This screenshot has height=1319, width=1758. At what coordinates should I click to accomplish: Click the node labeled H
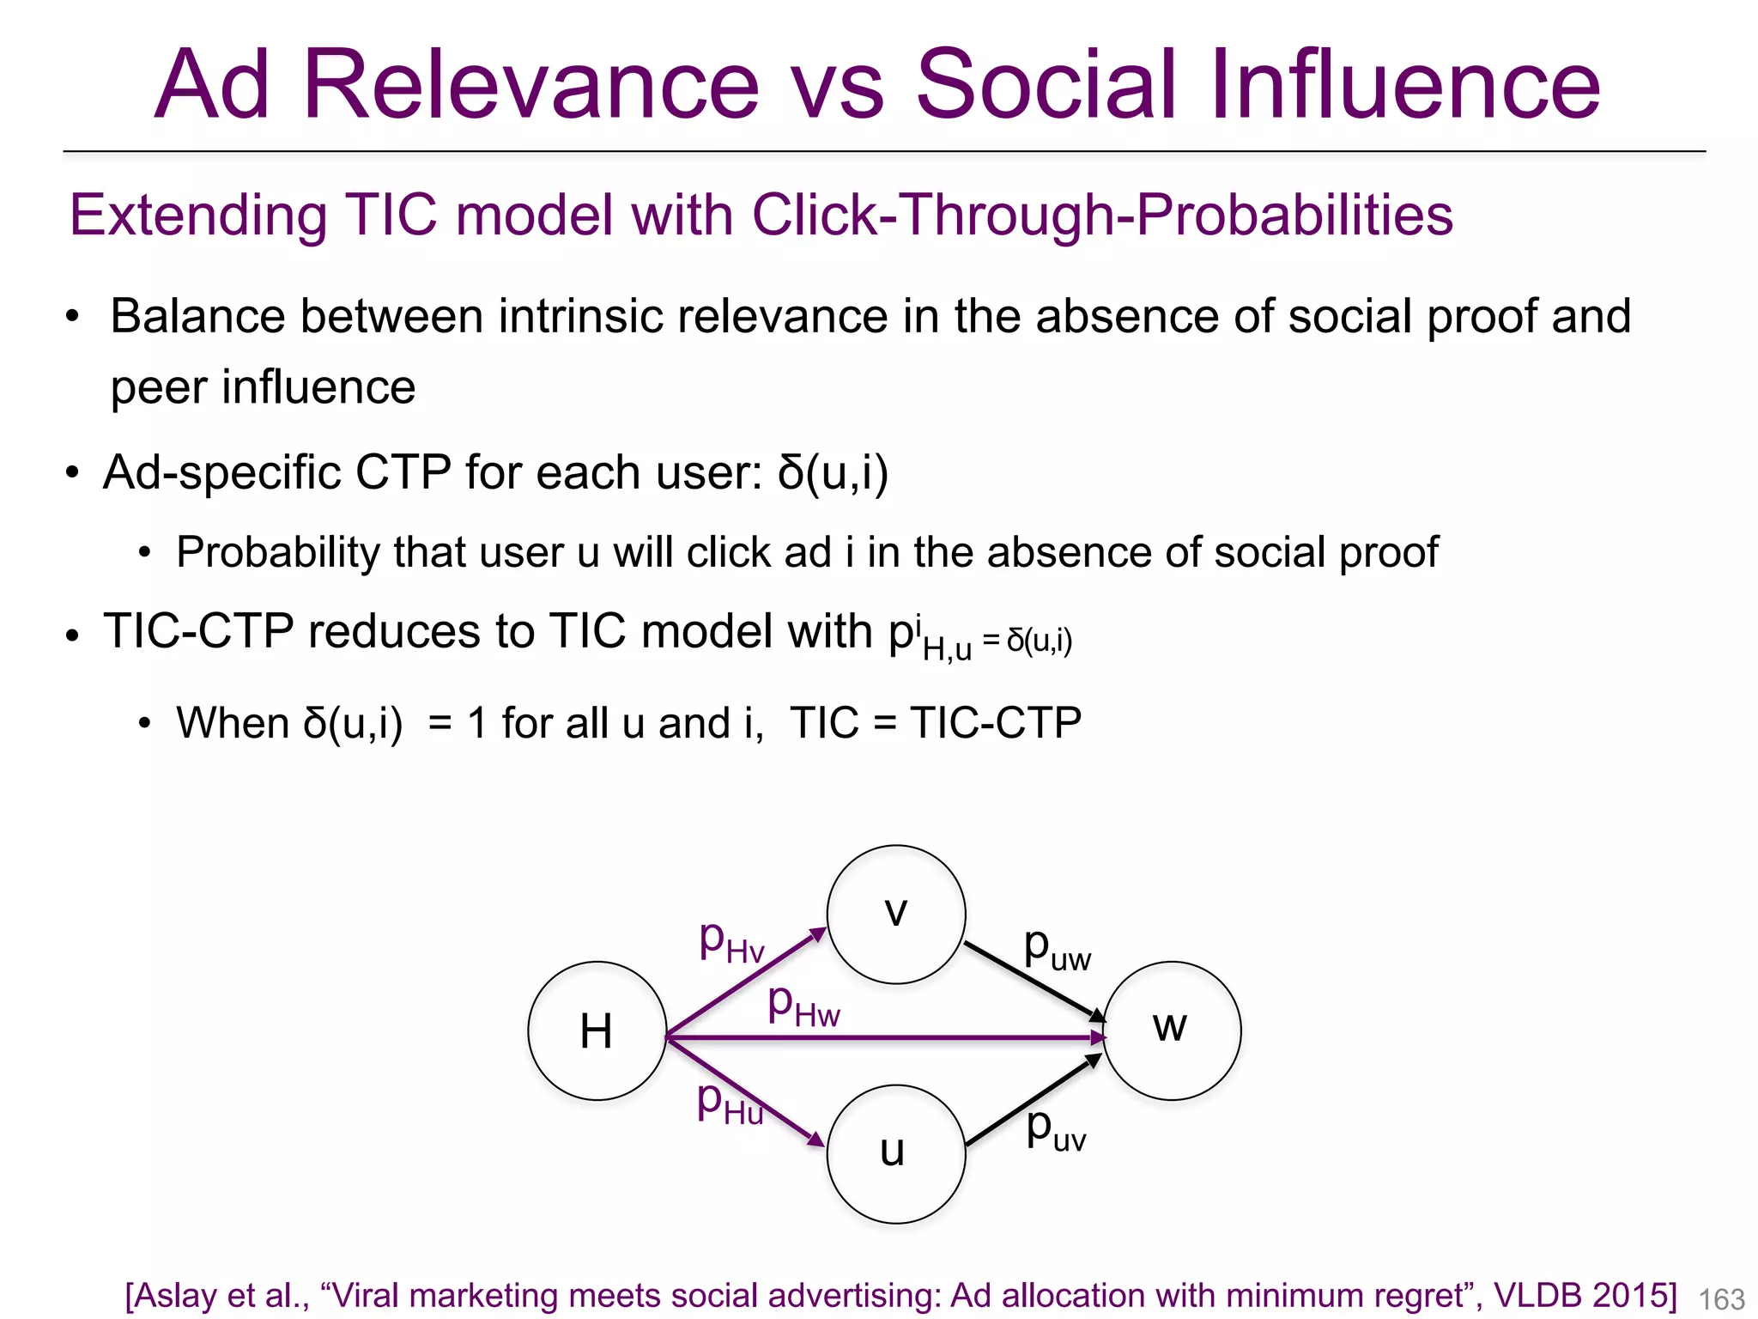tap(597, 1030)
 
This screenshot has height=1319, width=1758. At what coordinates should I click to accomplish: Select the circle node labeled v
tap(895, 914)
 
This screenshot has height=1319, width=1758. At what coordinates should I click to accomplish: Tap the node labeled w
tap(1171, 1030)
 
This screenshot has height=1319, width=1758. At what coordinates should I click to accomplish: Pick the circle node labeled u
tap(895, 1153)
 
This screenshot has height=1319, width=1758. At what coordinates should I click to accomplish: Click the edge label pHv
tap(731, 942)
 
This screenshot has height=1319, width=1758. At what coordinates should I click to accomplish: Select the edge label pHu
tap(729, 1103)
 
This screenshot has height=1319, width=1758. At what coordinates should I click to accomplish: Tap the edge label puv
tap(1056, 1130)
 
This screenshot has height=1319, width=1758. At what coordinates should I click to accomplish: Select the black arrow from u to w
tap(1034, 1101)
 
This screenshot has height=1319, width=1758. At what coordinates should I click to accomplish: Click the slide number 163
tap(1721, 1298)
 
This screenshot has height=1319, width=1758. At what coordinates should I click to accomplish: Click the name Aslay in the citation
tap(174, 1295)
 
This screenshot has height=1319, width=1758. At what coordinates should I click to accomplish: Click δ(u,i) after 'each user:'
tap(833, 472)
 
